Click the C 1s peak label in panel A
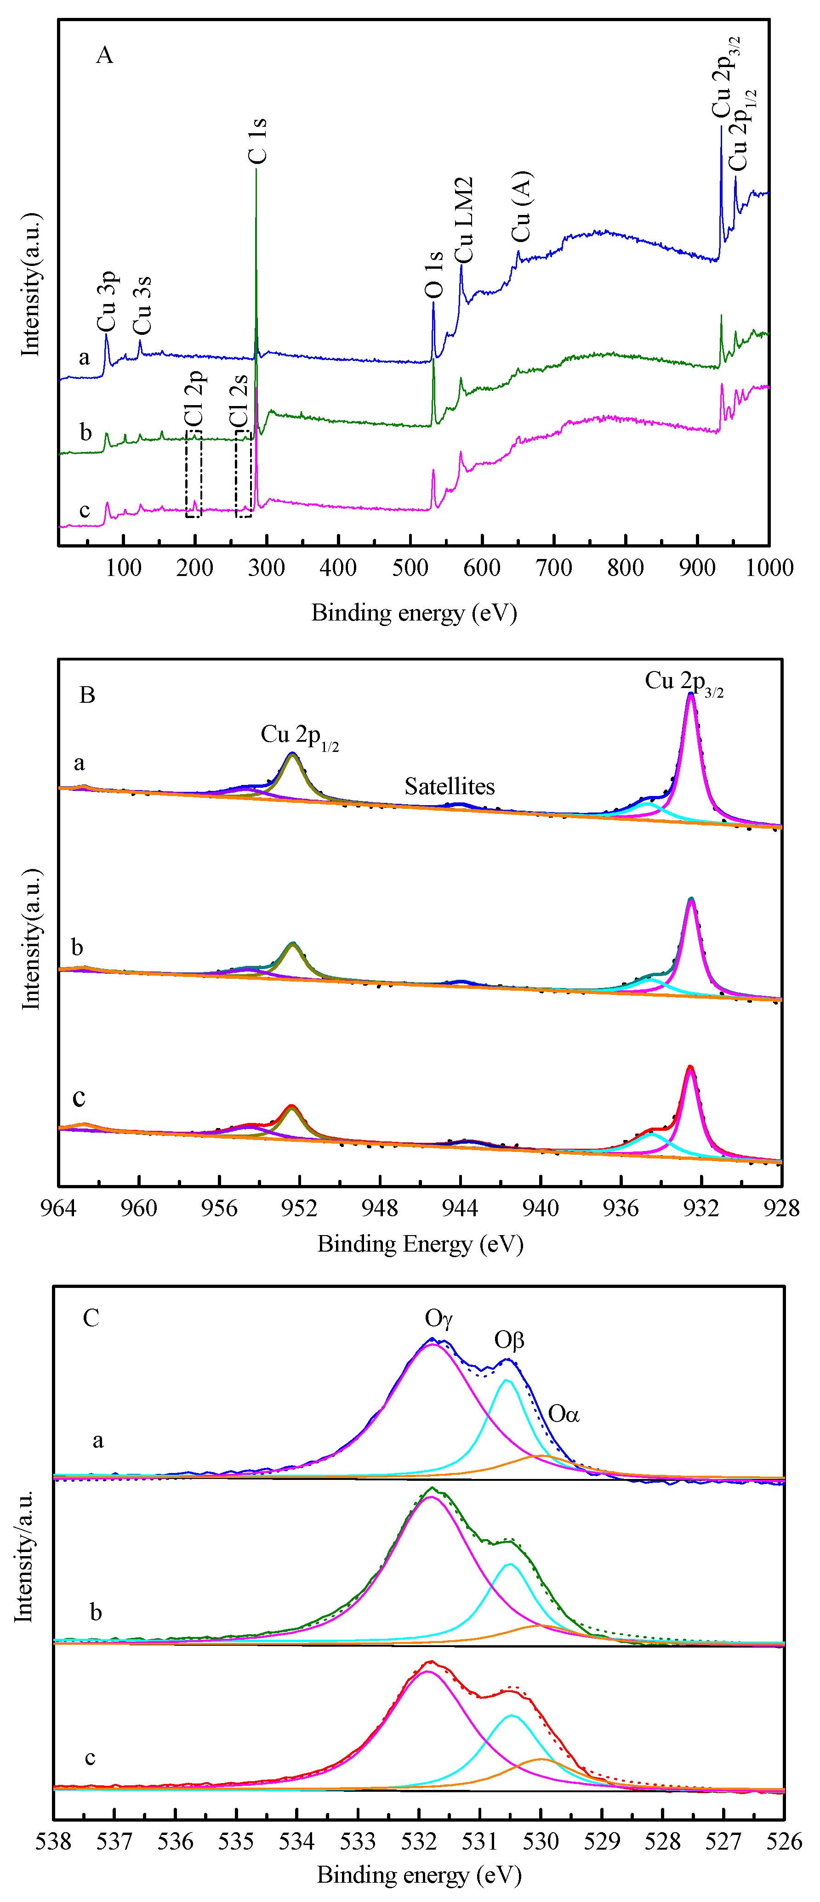coord(256,140)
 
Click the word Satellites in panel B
coord(449,786)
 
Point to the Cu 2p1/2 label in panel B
coord(299,736)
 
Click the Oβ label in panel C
coord(509,1339)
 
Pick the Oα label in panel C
coord(564,1414)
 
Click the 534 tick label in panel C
coord(297,1841)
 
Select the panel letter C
coord(91,1318)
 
